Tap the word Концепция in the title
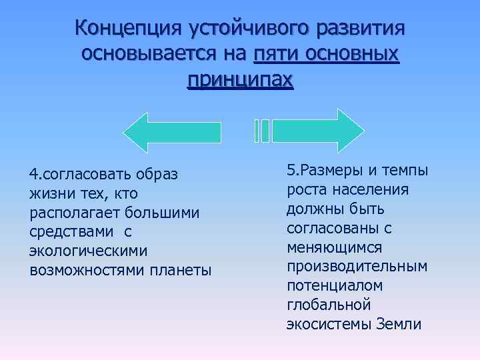coord(128,29)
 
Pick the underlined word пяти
coord(271,54)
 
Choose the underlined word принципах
coord(240,79)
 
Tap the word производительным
coord(357,267)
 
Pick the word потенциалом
coord(335,286)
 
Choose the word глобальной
coord(328,305)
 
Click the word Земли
coord(399,325)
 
